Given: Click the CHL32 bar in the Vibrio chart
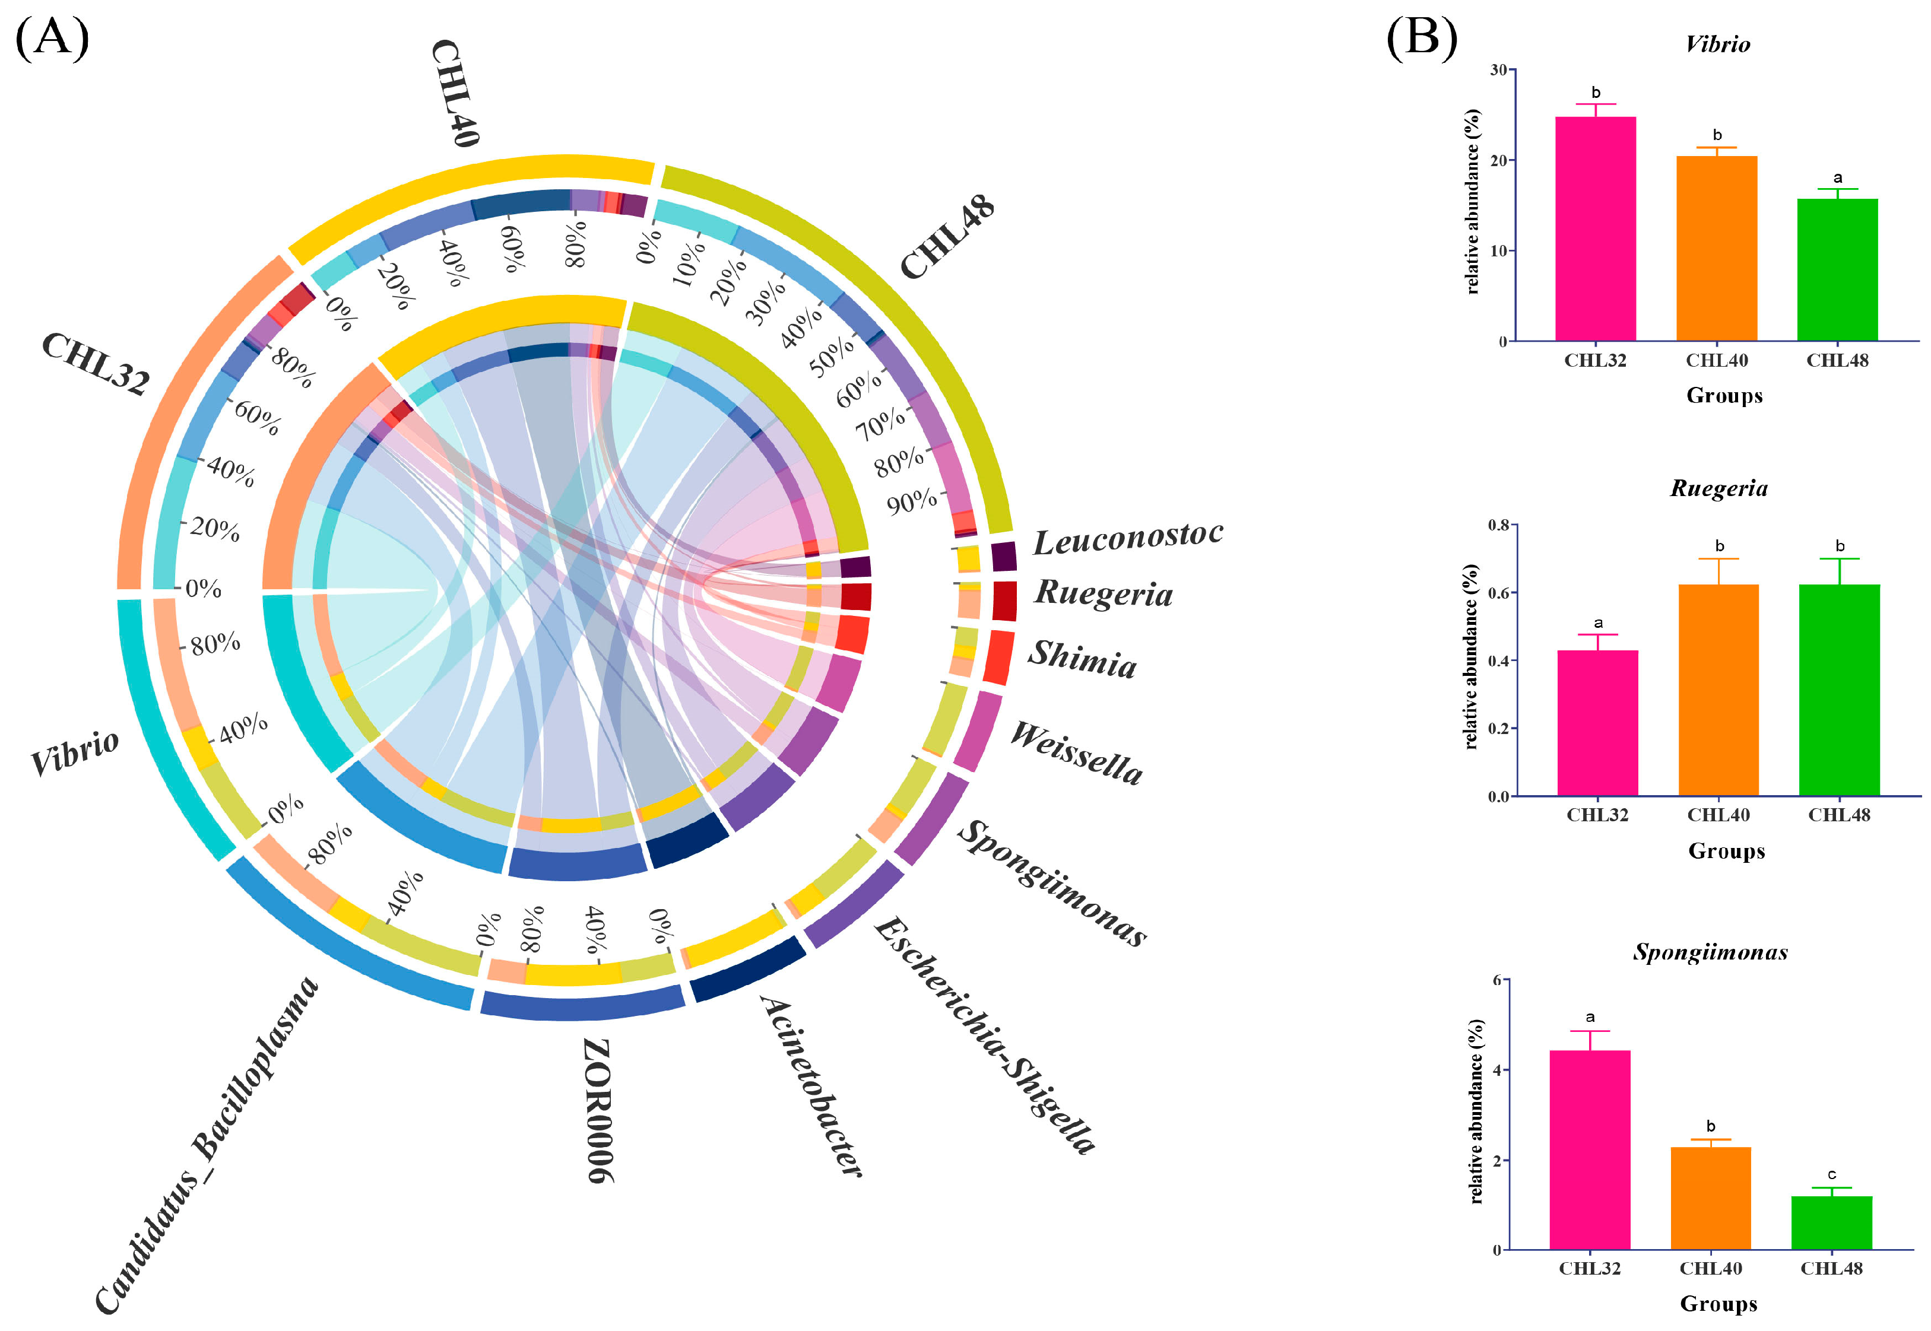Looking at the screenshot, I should click(1595, 228).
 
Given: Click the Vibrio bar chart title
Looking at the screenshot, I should click(1717, 44).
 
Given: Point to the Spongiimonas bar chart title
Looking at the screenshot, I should click(1710, 952).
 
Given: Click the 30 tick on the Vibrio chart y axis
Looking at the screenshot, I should click(1499, 70).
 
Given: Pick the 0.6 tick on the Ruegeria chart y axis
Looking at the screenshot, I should click(1498, 593).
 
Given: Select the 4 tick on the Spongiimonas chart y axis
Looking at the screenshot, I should click(1496, 1070).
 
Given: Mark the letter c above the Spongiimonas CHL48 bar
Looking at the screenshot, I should click(1832, 1174).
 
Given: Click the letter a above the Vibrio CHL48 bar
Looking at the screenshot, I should click(1838, 177).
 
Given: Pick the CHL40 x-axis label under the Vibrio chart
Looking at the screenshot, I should click(1717, 360).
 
